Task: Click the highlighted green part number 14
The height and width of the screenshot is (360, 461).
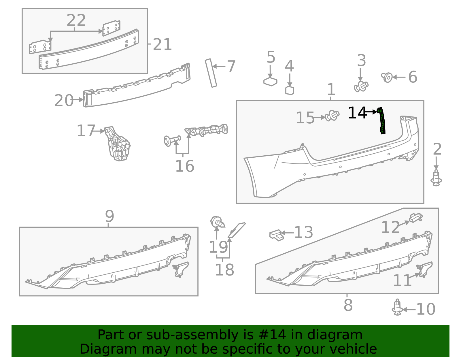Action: coord(381,120)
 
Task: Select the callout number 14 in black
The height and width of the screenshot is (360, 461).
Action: coord(357,113)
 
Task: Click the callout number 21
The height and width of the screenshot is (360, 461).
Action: coord(162,45)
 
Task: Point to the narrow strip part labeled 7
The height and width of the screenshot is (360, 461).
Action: coord(211,73)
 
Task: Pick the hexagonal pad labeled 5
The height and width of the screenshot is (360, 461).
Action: coord(270,82)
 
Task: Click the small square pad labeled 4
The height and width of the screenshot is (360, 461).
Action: coord(290,90)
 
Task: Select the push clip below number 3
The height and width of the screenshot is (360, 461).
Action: coord(361,86)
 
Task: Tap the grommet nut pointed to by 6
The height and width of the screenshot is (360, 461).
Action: coord(387,77)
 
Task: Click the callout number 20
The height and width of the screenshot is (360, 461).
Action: coord(64,101)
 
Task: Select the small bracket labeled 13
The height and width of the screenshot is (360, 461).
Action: coord(276,235)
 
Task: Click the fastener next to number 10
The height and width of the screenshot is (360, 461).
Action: coord(397,308)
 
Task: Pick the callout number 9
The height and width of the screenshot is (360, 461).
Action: coord(109,216)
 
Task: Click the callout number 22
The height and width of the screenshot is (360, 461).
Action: coord(76,20)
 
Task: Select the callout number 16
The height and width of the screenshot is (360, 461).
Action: coord(185,166)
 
